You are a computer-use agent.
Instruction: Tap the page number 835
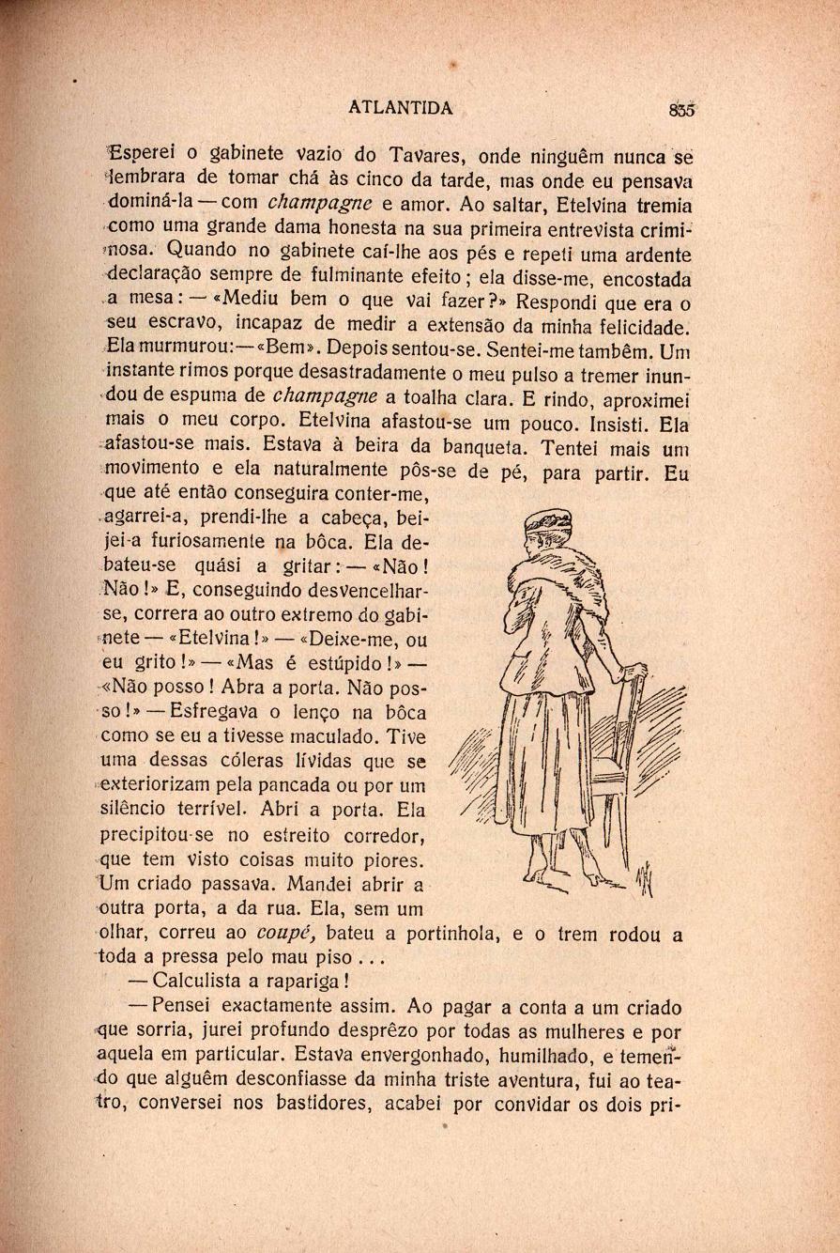tap(681, 109)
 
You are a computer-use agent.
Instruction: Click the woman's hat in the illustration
tap(545, 521)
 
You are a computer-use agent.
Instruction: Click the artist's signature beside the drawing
tap(645, 879)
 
